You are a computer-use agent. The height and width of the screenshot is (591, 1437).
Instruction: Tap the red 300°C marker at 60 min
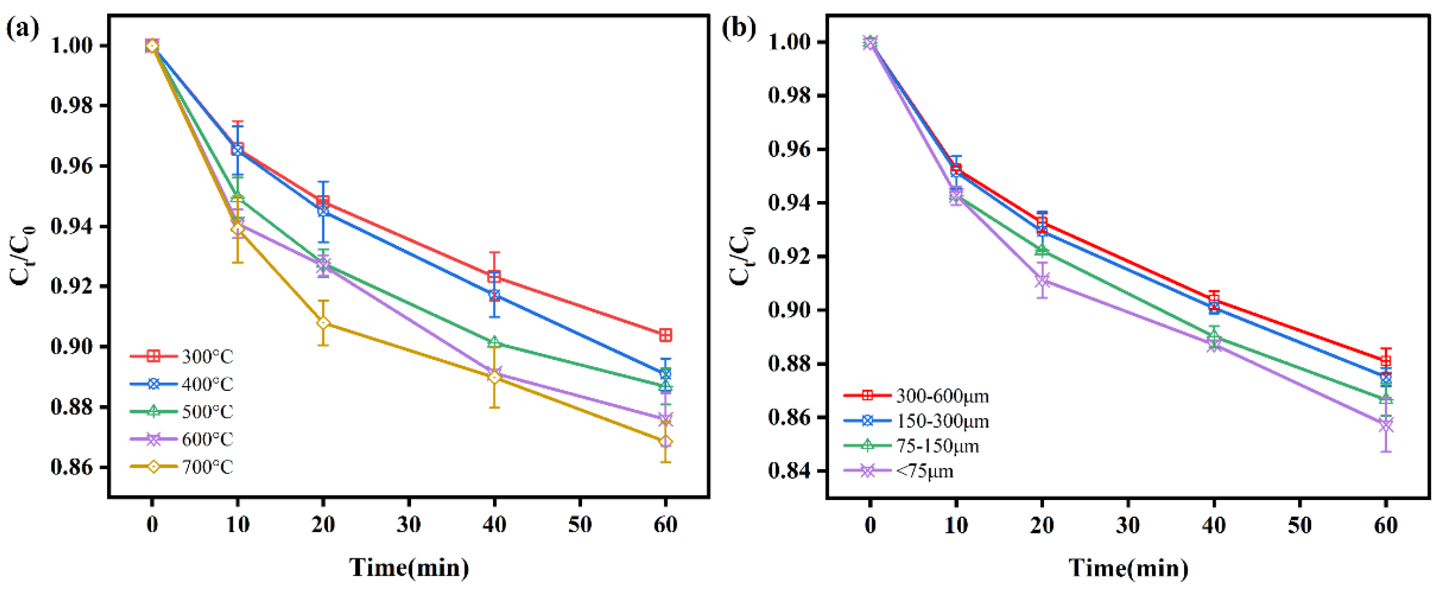[x=665, y=335]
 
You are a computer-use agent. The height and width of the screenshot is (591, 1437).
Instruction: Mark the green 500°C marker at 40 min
[x=494, y=343]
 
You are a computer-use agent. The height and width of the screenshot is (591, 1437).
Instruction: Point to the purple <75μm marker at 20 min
[x=1041, y=280]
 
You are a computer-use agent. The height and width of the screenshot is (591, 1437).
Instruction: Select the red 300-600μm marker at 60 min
[x=1386, y=361]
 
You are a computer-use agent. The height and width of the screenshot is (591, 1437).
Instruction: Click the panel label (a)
[x=22, y=28]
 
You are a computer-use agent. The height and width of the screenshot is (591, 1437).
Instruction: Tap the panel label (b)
[x=739, y=28]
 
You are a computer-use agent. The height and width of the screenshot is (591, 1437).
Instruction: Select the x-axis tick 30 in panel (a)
[x=409, y=525]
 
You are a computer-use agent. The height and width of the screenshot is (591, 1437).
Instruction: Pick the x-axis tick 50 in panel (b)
[x=1300, y=525]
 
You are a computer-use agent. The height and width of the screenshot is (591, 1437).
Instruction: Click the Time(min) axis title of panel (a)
[x=409, y=567]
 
